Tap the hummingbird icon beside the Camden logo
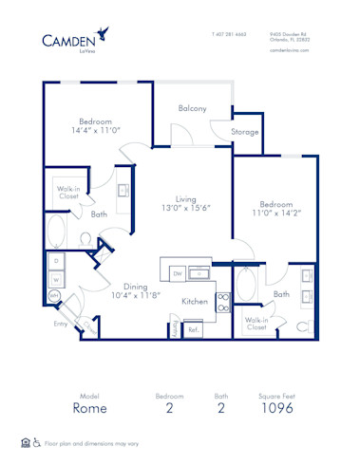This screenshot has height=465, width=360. coord(114,35)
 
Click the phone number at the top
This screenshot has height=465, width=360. coord(229,34)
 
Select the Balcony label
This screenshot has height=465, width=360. coord(192,108)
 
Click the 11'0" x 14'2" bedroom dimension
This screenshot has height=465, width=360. coord(275,213)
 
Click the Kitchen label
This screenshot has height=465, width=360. coord(195,301)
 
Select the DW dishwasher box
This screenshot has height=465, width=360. coord(177,274)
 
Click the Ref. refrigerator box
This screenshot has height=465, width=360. coord(193,329)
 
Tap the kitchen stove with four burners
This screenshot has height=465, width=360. coord(224,302)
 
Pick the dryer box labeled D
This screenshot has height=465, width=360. coord(55,260)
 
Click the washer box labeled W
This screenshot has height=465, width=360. coord(55,279)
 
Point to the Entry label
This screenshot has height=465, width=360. coord(60,324)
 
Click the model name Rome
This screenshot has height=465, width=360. coord(90,408)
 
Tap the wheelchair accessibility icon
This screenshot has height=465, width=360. coord(37,442)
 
